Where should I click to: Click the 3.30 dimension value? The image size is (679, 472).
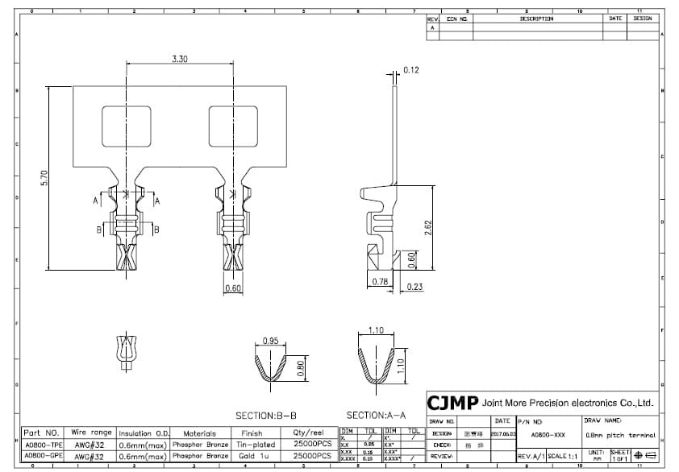pyautogui.click(x=180, y=59)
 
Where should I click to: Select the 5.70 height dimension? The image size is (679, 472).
pyautogui.click(x=44, y=178)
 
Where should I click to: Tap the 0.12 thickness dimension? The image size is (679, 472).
pyautogui.click(x=411, y=71)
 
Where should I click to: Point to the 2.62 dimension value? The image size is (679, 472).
pyautogui.click(x=428, y=228)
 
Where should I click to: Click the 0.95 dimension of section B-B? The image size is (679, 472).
pyautogui.click(x=270, y=342)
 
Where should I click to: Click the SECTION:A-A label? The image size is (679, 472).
pyautogui.click(x=373, y=416)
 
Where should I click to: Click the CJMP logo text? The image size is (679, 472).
pyautogui.click(x=452, y=403)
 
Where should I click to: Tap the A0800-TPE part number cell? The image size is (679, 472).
pyautogui.click(x=43, y=445)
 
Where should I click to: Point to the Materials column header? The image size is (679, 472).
pyautogui.click(x=200, y=433)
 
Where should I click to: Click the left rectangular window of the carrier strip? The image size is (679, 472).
pyautogui.click(x=126, y=127)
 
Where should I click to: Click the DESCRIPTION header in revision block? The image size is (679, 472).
pyautogui.click(x=536, y=19)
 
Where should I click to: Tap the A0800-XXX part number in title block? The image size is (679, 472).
pyautogui.click(x=548, y=435)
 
